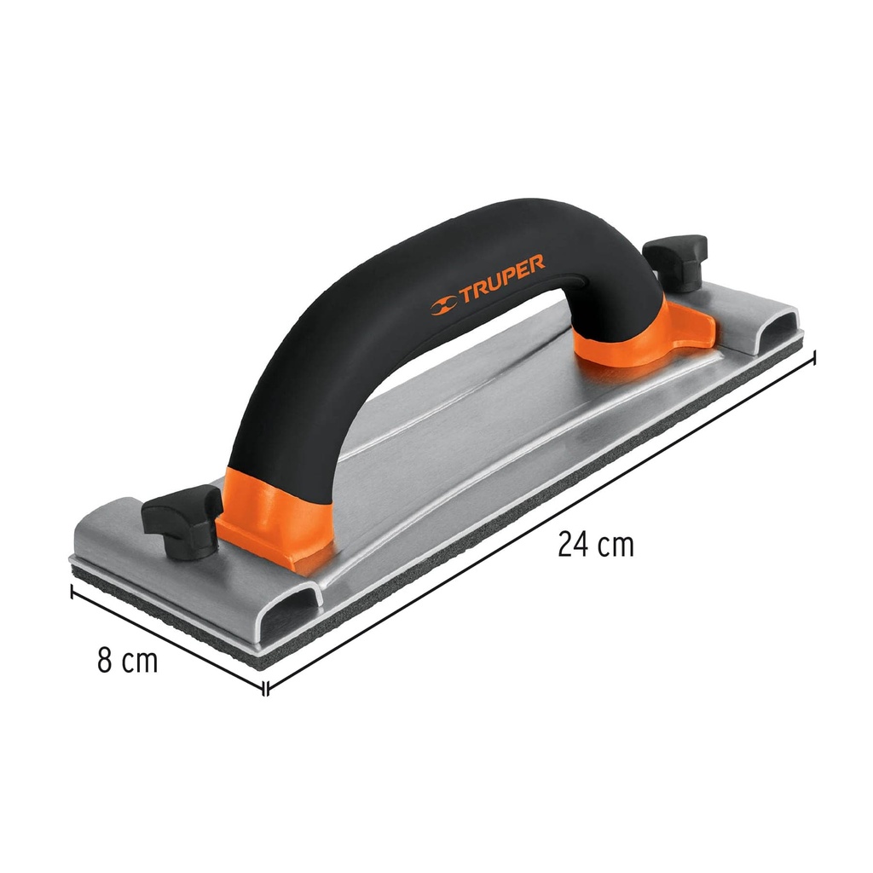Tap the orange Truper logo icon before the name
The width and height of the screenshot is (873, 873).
click(x=443, y=304)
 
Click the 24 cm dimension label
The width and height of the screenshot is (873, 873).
click(x=596, y=544)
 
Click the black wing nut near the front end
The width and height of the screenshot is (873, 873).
click(x=182, y=519)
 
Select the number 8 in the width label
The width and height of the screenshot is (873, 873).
click(x=105, y=660)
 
